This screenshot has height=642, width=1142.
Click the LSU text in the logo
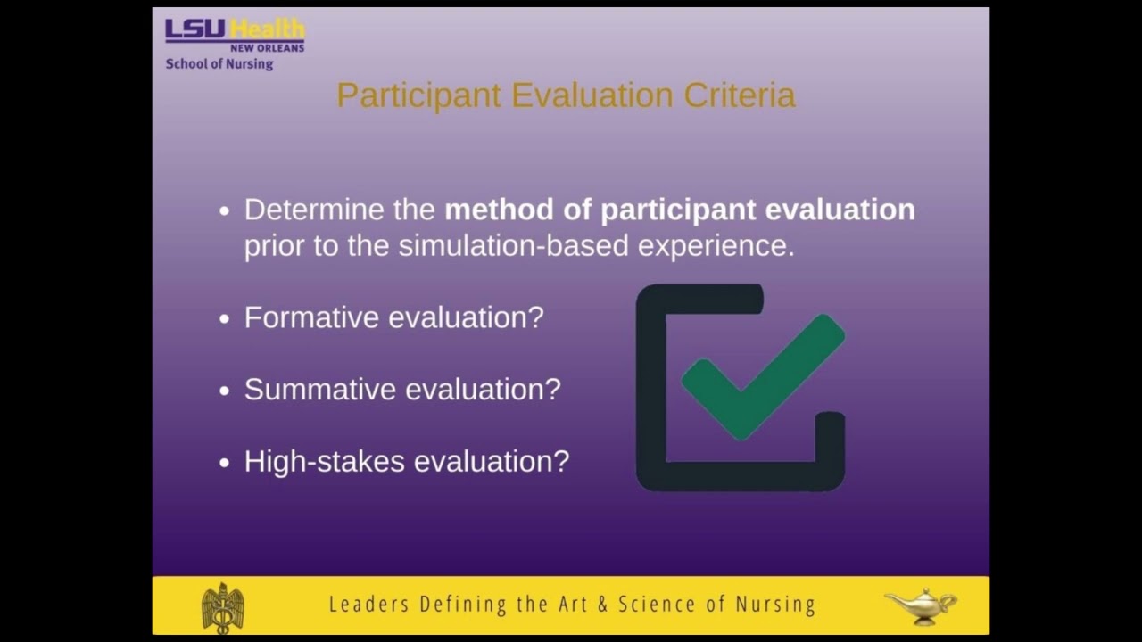pyautogui.click(x=194, y=29)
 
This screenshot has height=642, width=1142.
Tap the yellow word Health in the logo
pyautogui.click(x=267, y=29)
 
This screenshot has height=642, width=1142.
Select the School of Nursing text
pyautogui.click(x=219, y=64)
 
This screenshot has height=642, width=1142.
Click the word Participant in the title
pyautogui.click(x=418, y=95)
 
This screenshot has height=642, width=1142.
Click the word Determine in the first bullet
pyautogui.click(x=312, y=210)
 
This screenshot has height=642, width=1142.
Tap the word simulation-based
pyautogui.click(x=514, y=246)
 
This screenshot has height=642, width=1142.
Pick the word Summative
pyautogui.click(x=320, y=390)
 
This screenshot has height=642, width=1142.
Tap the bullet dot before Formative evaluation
pyautogui.click(x=224, y=318)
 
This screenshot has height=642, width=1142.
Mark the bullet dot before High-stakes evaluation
pyautogui.click(x=224, y=462)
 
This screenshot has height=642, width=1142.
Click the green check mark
pyautogui.click(x=763, y=374)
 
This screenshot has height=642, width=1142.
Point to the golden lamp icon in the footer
pyautogui.click(x=920, y=605)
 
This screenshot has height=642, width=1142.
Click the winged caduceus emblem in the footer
pyautogui.click(x=222, y=607)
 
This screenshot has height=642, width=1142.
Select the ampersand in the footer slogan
pyautogui.click(x=603, y=605)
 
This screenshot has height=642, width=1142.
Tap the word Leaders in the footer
pyautogui.click(x=368, y=605)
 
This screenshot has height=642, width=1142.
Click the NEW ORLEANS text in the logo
pyautogui.click(x=267, y=48)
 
